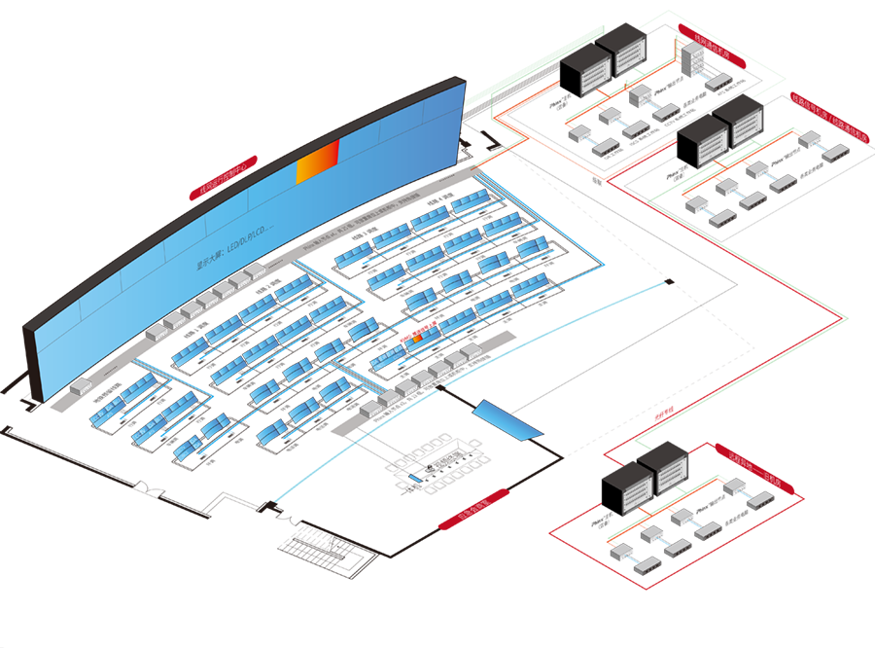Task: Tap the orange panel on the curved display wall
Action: point(318,162)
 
